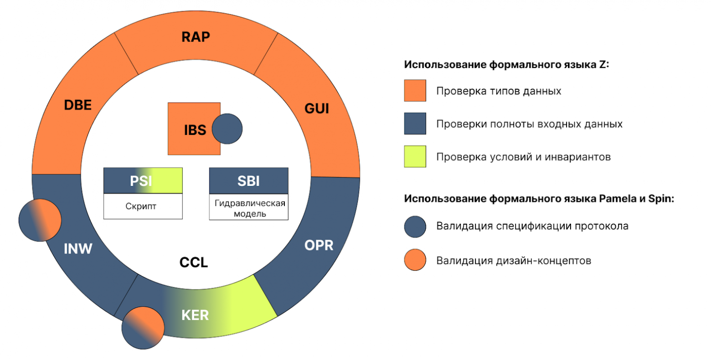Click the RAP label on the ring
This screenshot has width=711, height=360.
pos(196,37)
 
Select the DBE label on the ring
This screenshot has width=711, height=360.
pos(77,105)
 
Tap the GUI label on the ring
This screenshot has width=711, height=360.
pos(316,109)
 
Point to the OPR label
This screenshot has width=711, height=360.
pos(319,246)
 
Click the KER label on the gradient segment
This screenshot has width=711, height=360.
pos(195,315)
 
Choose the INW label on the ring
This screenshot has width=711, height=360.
pos(78,249)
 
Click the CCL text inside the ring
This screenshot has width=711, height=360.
pos(194,262)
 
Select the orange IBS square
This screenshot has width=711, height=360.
pos(191,129)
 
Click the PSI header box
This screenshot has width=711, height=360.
pos(143,180)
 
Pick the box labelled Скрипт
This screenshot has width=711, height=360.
pos(143,206)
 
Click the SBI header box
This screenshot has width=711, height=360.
pos(248,180)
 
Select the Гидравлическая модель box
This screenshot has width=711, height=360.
pos(248,208)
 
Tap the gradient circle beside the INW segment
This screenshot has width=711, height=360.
pos(40,220)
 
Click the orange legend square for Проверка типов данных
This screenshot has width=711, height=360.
pos(415,90)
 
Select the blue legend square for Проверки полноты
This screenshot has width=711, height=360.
pos(415,123)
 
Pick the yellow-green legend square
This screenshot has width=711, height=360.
pos(415,157)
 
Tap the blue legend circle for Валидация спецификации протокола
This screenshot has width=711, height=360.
pos(415,226)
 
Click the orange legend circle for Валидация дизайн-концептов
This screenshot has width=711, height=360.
pos(415,260)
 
